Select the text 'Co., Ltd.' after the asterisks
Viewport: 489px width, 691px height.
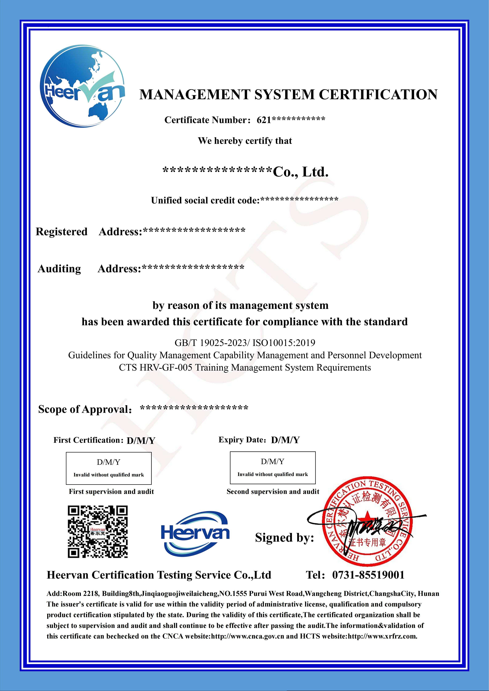300,172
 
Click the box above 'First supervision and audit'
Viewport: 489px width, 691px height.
109,468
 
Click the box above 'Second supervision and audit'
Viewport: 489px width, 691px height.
272,467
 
